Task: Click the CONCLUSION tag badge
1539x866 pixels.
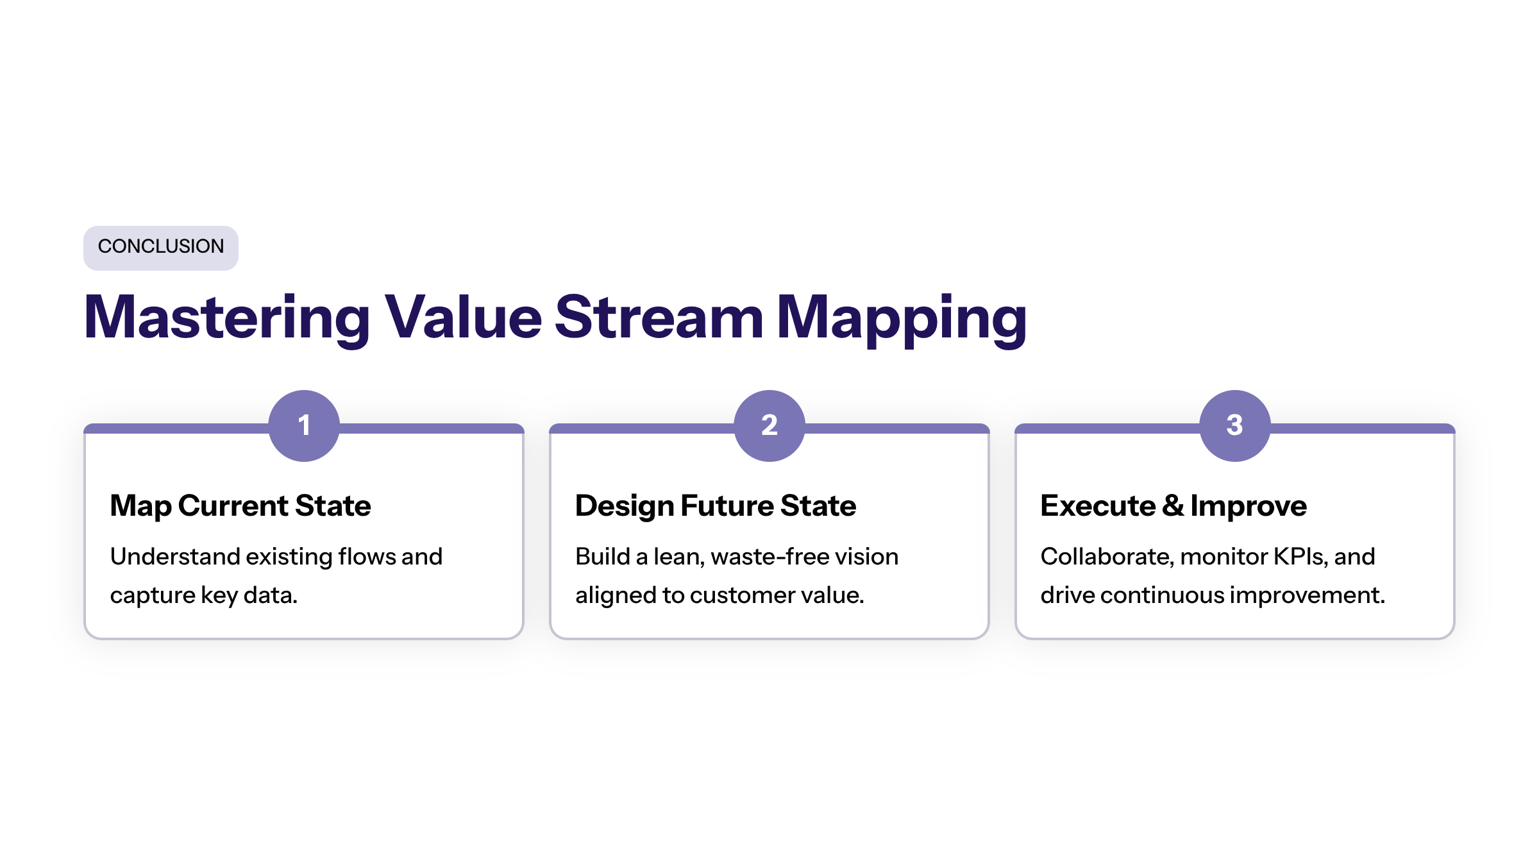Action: click(161, 248)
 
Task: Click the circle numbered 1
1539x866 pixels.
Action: click(304, 425)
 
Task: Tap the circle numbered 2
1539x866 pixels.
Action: click(769, 425)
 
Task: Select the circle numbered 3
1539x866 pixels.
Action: click(1235, 425)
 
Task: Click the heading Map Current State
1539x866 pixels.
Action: click(240, 506)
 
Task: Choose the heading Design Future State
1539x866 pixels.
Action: click(716, 506)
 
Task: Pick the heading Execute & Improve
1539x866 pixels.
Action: click(1173, 506)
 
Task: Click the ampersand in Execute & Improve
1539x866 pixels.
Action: click(1173, 505)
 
